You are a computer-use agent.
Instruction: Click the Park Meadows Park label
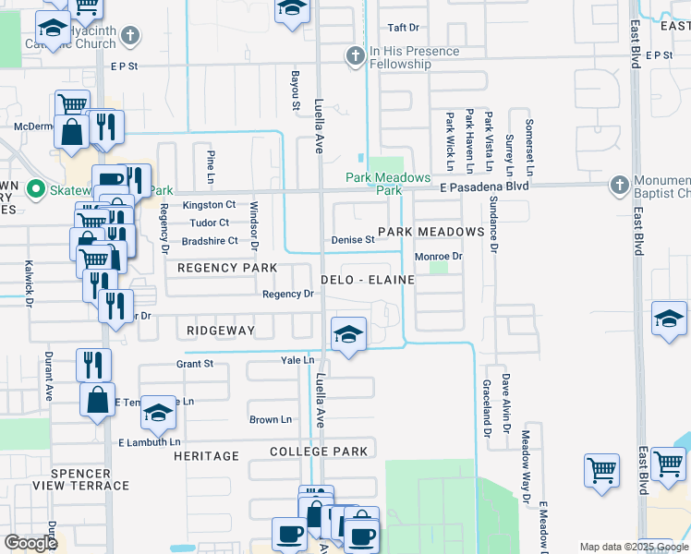[x=388, y=184]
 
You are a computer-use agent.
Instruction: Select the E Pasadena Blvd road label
[x=484, y=187]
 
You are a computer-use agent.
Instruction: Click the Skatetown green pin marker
[x=37, y=190]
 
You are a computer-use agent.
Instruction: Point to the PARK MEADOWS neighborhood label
[x=430, y=231]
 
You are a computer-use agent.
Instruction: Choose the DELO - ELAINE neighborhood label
[x=367, y=279]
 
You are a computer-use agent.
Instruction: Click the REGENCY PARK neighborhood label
[x=227, y=268]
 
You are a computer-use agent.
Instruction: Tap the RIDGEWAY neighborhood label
[x=220, y=330]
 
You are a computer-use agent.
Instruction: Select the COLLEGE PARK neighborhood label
[x=319, y=452]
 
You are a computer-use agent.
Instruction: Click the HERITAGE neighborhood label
[x=206, y=456]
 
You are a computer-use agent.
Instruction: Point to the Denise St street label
[x=352, y=240]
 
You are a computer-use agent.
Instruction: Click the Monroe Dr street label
[x=437, y=256]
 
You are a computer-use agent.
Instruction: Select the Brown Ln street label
[x=271, y=419]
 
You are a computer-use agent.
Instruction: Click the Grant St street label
[x=195, y=364]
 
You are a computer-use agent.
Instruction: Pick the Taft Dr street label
[x=404, y=29]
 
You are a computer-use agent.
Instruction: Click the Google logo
[x=30, y=542]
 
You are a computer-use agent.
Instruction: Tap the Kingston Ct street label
[x=209, y=205]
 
